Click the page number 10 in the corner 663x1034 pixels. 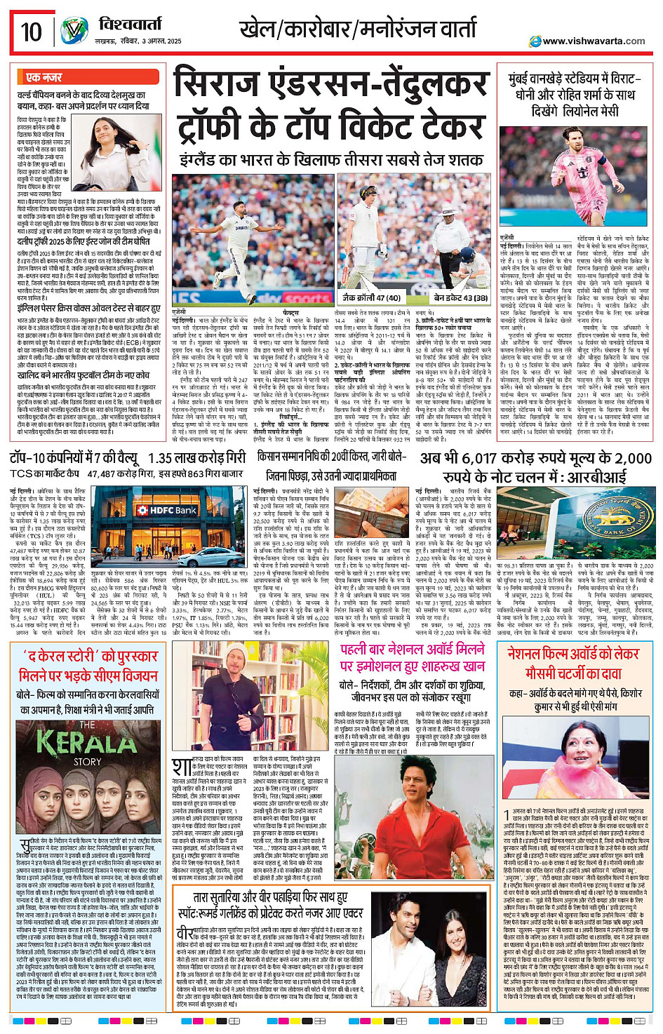31,32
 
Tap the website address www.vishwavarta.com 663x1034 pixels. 594,41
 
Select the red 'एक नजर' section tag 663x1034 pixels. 43,77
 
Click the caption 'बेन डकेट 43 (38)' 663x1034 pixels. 460,298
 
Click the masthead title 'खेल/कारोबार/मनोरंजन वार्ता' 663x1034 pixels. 358,30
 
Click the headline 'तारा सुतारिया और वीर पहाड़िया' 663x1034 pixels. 270,897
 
